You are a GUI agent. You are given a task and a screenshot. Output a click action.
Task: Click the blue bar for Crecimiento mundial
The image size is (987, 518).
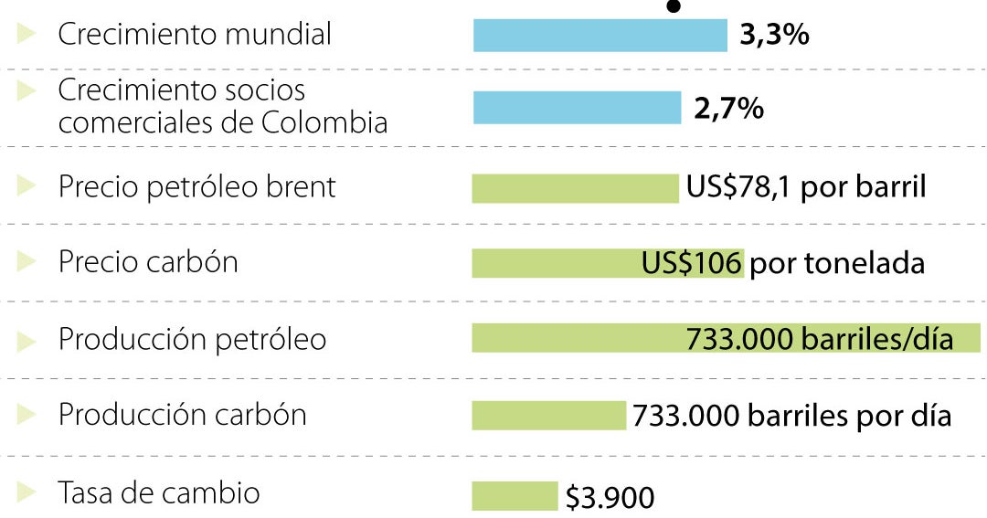point(600,36)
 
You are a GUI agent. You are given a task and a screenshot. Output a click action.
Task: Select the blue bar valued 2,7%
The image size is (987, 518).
point(577,107)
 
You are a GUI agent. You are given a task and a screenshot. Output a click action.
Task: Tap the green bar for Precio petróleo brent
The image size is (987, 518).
point(575,188)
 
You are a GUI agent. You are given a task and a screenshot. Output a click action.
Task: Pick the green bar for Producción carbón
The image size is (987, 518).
point(548,416)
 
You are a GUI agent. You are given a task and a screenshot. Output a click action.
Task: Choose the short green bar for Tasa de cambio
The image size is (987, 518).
point(514,496)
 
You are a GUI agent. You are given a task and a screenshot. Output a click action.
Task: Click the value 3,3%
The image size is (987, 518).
point(773,36)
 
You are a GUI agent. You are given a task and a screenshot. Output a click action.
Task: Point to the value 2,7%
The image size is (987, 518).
point(728,109)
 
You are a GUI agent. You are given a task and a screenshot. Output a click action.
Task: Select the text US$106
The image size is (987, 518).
point(691,263)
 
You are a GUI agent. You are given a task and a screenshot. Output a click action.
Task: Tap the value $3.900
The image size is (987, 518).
point(610,499)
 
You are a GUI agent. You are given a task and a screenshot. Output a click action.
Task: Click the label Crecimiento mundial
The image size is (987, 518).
point(195,35)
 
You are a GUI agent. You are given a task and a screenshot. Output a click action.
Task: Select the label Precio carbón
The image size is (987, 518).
point(148,262)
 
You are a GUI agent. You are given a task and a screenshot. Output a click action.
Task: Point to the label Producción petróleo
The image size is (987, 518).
point(192,339)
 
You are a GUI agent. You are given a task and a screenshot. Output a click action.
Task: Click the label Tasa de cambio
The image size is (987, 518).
point(159,493)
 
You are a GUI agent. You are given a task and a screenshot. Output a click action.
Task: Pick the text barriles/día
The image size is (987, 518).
point(877,339)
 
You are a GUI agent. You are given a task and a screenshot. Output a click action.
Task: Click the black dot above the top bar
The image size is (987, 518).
point(674,5)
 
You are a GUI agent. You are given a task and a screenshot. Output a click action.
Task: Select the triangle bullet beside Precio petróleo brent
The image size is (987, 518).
point(27,186)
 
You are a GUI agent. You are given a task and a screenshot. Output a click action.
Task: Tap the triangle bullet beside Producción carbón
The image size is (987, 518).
point(27,415)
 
